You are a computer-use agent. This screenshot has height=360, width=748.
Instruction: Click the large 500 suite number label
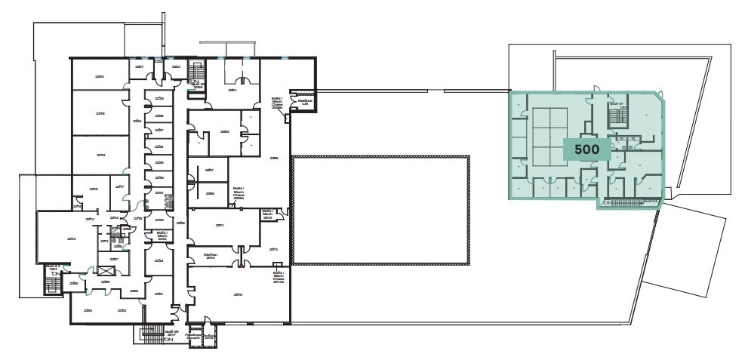586,149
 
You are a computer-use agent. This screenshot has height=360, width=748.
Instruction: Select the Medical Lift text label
306,100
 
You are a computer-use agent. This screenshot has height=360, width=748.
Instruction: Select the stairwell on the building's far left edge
53,285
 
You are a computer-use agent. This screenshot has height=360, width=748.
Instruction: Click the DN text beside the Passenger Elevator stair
169,340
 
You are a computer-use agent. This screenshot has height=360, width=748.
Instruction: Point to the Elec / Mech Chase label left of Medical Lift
277,103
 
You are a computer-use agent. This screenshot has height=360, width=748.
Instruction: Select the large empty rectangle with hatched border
380,210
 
